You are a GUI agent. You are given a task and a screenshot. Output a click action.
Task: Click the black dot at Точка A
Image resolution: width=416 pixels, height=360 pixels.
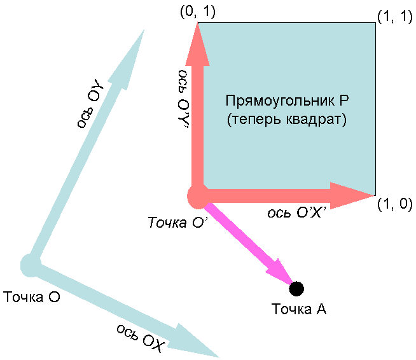296,289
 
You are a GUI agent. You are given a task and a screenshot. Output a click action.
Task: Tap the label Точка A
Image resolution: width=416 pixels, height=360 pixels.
299,309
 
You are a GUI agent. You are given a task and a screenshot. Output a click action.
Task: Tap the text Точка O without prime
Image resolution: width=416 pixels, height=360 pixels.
32,297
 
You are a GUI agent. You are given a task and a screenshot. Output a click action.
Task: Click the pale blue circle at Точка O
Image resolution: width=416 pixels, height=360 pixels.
30,263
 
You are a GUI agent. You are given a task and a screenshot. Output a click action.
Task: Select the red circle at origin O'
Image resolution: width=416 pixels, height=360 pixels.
198,196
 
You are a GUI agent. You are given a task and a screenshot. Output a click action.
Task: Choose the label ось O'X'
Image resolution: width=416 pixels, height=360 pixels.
297,213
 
